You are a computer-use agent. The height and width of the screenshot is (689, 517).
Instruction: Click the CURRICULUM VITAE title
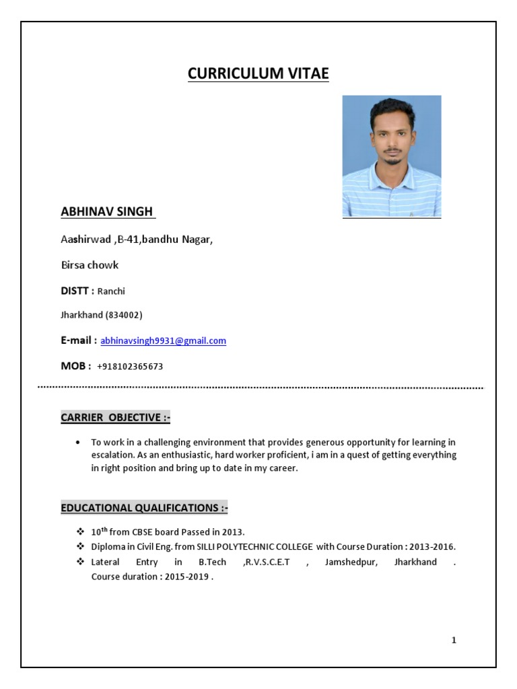click(x=258, y=74)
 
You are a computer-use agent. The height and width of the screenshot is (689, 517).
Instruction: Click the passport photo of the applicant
click(x=392, y=156)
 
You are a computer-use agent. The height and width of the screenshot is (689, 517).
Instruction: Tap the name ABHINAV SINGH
click(x=107, y=212)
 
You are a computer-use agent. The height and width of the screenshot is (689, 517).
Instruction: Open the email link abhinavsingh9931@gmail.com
click(x=164, y=341)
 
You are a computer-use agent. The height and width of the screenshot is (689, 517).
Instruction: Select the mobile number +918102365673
click(x=130, y=367)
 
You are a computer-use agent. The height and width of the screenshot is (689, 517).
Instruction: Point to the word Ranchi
click(x=111, y=291)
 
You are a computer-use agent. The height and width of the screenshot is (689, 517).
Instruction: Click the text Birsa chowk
click(x=90, y=265)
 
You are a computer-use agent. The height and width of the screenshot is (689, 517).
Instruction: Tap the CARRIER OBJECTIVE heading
click(x=116, y=418)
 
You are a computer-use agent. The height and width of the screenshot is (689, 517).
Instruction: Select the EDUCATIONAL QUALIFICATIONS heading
click(x=145, y=508)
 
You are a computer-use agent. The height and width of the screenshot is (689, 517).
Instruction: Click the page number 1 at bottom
click(x=454, y=640)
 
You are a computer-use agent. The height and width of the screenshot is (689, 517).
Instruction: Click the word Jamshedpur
click(x=347, y=562)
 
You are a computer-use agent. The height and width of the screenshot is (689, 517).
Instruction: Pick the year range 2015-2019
click(x=186, y=577)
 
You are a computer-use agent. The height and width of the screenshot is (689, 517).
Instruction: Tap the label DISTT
click(x=75, y=291)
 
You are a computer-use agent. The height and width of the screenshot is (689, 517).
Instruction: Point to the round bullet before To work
click(x=78, y=443)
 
